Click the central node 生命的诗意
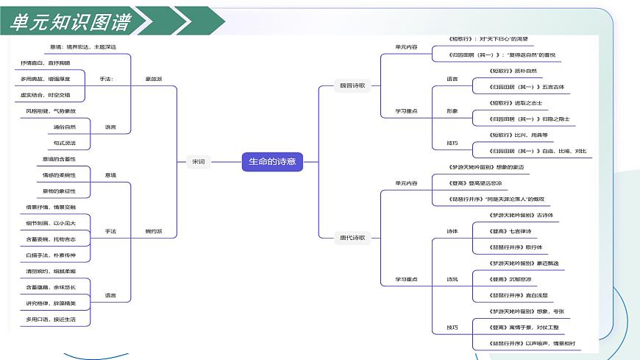272,162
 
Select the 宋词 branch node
199,162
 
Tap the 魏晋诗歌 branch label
351,85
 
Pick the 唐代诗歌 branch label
351,238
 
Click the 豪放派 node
153,79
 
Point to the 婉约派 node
153,231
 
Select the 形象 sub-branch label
452,111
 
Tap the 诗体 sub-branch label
452,231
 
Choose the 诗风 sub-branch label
452,279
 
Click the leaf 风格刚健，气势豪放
51,111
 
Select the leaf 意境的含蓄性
60,159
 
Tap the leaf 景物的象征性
60,191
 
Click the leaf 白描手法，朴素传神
51,255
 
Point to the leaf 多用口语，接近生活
51,320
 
